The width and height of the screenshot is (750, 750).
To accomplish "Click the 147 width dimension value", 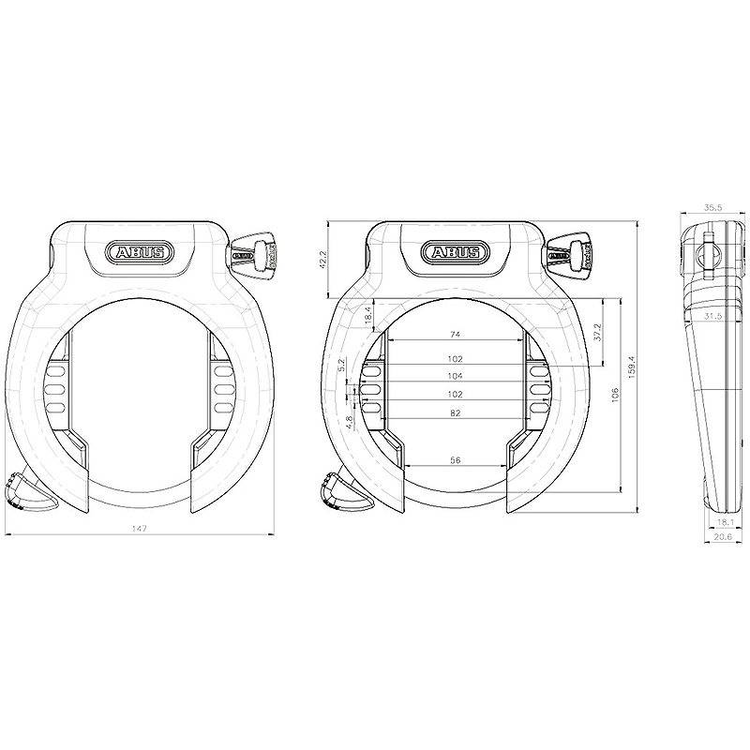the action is [x=140, y=529].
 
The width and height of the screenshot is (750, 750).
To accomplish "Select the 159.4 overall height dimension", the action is [x=632, y=367].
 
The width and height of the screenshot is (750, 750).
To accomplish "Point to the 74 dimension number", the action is [x=455, y=335].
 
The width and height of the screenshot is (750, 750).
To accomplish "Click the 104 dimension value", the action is [x=455, y=376].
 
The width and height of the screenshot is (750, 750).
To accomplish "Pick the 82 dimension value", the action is [x=455, y=412].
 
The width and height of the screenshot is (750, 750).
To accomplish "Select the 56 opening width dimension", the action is [x=456, y=460].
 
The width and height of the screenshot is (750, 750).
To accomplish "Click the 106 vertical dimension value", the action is [x=615, y=394].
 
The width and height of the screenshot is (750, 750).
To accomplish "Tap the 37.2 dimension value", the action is [x=596, y=331].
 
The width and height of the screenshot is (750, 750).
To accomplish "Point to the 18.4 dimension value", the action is [x=367, y=315].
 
